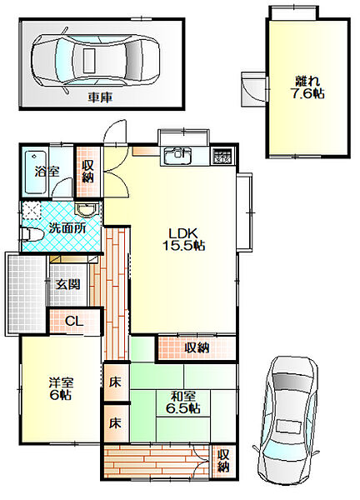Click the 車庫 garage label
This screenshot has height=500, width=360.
coord(100,97)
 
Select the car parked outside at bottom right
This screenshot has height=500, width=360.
coord(289,425)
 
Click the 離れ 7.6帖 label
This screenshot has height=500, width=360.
coord(308,87)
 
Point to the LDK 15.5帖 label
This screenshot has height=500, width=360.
coord(183,239)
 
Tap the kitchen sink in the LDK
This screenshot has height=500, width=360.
coord(177,155)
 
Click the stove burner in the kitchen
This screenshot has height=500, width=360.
coord(222,156)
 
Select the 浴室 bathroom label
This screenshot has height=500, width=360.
coord(47,172)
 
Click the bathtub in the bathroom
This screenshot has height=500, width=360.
coord(35,172)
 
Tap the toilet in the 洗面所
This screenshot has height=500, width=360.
coord(31,234)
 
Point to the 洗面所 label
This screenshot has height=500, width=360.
coord(67,227)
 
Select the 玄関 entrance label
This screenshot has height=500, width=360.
coord(67,284)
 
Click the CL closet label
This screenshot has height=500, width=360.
coord(74,321)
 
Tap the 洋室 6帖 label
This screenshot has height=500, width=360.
coord(61,388)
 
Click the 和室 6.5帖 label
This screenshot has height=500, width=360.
coord(182,402)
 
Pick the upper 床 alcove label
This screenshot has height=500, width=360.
coord(116,382)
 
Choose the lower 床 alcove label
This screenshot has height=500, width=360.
coord(116,423)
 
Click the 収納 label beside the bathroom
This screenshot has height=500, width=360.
coord(87,171)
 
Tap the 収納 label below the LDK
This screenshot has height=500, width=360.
coord(197,347)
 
